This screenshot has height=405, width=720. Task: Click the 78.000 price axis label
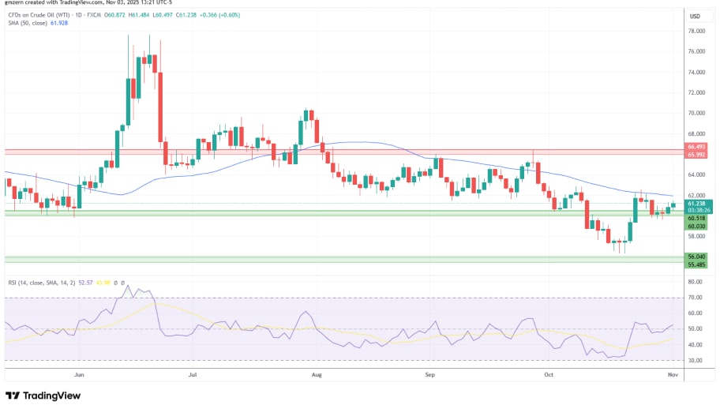696,31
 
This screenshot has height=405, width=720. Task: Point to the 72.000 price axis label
696,92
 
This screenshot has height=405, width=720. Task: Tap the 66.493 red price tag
696,147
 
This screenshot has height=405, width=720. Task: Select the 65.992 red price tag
696,154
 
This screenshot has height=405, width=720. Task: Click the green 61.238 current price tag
696,204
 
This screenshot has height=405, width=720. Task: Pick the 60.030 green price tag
696,226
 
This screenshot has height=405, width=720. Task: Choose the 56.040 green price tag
696,256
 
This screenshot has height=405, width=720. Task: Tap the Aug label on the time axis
317,377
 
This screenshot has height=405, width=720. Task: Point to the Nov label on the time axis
669,377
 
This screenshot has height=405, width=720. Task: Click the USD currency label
696,16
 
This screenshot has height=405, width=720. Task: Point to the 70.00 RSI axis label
695,298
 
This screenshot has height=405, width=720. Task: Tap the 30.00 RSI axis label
695,360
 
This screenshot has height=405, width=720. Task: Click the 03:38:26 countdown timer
696,211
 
